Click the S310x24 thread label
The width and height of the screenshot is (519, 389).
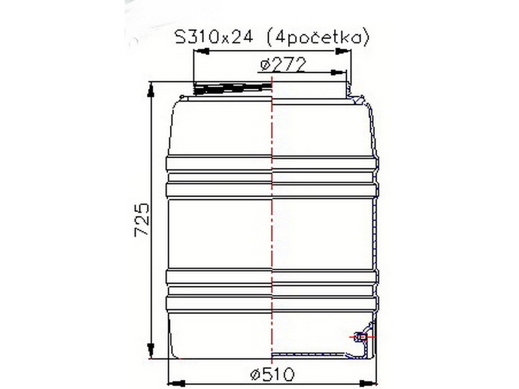click(x=214, y=38)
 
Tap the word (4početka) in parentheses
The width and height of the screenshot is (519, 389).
click(x=317, y=38)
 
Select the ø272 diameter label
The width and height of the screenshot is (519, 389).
click(x=282, y=65)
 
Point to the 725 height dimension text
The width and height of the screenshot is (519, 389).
click(x=142, y=220)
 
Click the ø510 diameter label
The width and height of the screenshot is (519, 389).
click(x=272, y=375)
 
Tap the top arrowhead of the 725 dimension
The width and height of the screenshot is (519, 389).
click(x=151, y=89)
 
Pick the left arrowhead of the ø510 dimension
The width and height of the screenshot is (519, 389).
click(x=176, y=383)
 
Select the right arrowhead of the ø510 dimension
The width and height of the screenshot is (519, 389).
click(x=368, y=383)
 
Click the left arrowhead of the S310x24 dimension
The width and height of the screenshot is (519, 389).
click(x=201, y=51)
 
